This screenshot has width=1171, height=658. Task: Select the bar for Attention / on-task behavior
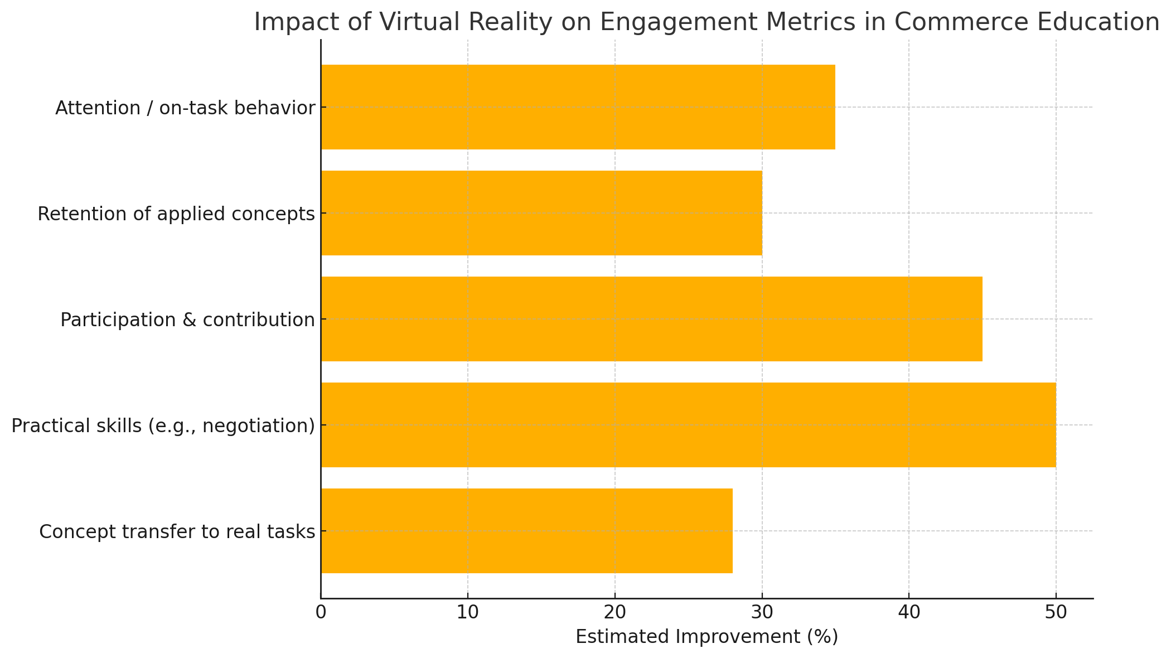[x=578, y=107]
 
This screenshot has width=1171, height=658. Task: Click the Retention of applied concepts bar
[x=541, y=213]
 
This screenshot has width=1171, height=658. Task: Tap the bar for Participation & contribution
[x=651, y=319]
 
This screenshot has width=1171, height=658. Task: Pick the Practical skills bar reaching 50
[x=688, y=425]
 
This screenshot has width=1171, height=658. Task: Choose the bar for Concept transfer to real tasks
[x=526, y=531]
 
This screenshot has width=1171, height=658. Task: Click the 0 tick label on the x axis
[x=321, y=612]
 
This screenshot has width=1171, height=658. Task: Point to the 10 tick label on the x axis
[x=467, y=612]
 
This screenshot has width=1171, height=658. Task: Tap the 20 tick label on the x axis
[x=614, y=612]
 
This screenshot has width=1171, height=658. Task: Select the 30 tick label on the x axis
[x=762, y=612]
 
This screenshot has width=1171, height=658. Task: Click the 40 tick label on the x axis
[x=909, y=612]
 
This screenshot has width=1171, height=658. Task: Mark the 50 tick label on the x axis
[x=1056, y=612]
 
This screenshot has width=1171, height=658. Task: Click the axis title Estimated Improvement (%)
[x=707, y=637]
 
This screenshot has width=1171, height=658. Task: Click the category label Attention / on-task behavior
[x=185, y=108]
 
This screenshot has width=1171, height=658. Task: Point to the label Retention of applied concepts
[x=176, y=214]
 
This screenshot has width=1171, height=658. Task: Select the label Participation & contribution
[x=187, y=320]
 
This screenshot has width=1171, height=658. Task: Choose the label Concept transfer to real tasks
[x=177, y=531]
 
